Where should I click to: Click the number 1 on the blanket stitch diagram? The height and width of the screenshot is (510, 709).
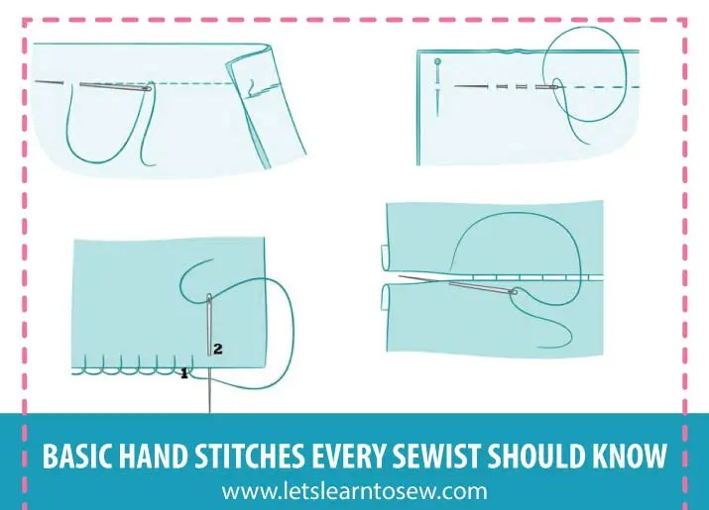tap(183, 373)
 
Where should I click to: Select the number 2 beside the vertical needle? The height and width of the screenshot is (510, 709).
tap(217, 349)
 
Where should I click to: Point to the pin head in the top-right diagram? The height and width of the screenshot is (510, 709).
tap(437, 63)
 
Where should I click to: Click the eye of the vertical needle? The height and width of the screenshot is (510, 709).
tap(209, 300)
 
